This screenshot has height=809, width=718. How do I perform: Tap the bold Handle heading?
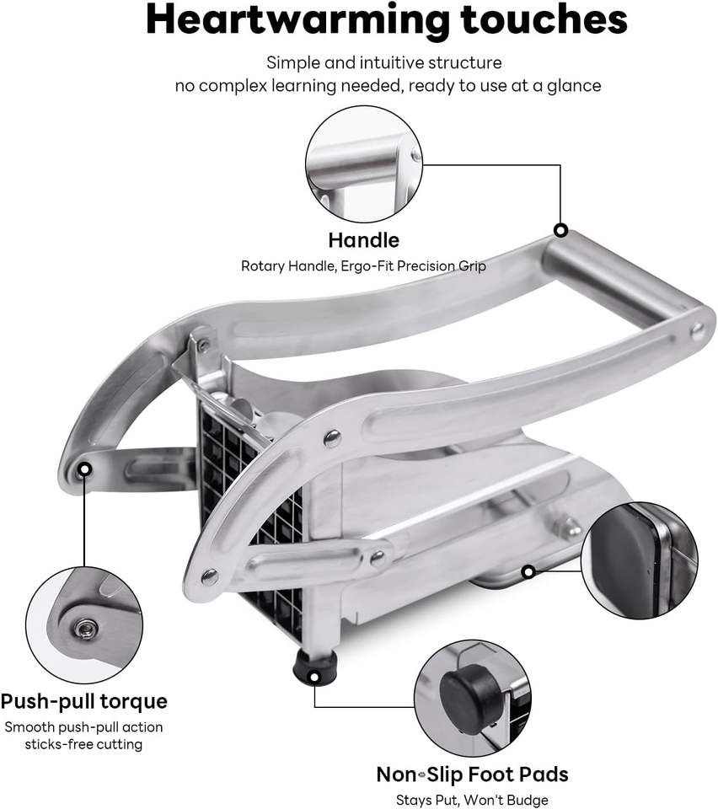(x=363, y=239)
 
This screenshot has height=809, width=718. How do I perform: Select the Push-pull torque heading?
(x=83, y=701)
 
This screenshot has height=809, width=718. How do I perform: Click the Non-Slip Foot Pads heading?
(x=472, y=774)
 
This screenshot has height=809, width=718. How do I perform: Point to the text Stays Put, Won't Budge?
(x=472, y=800)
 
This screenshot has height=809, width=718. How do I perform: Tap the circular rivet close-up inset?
(x=83, y=624)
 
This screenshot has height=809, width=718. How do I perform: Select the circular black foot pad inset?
(x=473, y=698)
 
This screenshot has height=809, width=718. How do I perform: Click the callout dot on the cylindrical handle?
(x=560, y=230)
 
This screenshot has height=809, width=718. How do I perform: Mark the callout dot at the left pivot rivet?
(x=84, y=468)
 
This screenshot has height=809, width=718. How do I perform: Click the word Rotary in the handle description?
(x=265, y=265)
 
